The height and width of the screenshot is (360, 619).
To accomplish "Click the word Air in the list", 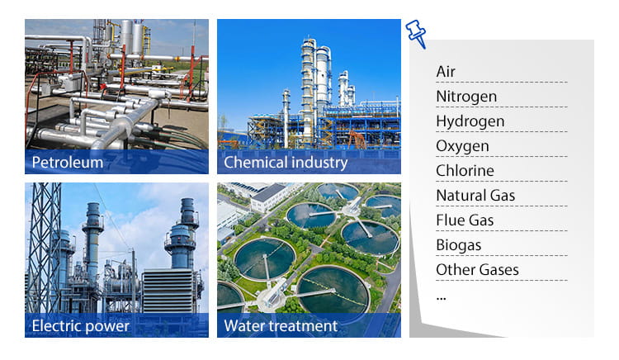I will coord(446,72).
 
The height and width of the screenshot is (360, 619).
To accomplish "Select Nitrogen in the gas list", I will coord(466,97).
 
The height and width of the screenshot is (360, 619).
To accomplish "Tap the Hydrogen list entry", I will coord(470,121).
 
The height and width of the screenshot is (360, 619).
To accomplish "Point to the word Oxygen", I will coord(462,146).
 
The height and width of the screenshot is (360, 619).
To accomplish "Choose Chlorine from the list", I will coord(465,171).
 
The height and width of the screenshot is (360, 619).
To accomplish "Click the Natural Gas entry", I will coord(475,196).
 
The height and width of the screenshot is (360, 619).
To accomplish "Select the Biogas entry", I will coord(458,245).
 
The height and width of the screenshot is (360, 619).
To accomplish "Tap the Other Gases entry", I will coord(477,270).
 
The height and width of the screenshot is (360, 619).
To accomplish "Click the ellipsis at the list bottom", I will coord(441,296).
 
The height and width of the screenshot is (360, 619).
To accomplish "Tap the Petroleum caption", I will coord(68,162).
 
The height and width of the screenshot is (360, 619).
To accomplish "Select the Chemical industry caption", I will coord(286,162).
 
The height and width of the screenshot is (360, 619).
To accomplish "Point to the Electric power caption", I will coord(80,325).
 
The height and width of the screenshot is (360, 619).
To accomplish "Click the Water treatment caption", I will coord(281,325).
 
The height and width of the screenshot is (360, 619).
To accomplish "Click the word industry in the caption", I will coord(319,162).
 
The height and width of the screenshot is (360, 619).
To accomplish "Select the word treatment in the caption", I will coord(305,325).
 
